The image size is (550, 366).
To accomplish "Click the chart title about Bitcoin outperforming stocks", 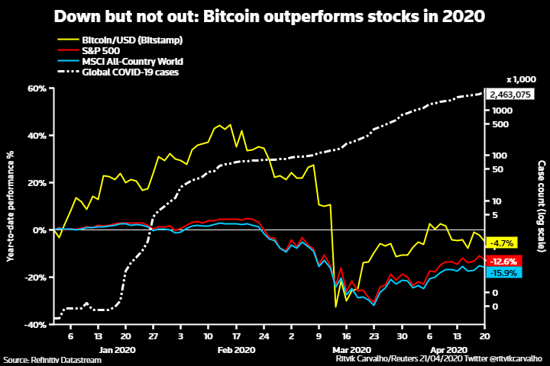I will (x=274, y=15).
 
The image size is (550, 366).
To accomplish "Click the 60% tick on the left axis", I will (x=37, y=88).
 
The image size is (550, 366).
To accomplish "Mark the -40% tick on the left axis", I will (x=36, y=324).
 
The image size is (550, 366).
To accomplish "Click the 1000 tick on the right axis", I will (x=500, y=111).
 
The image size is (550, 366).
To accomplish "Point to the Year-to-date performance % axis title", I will (x=11, y=206).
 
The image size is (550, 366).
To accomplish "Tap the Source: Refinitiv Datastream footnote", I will (x=52, y=359).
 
